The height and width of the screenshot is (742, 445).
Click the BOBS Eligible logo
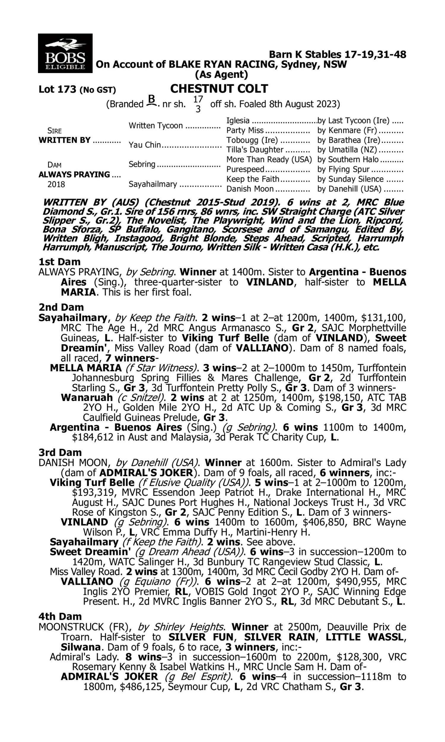(x=65, y=53)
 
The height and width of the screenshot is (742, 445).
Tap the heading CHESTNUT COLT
(x=219, y=89)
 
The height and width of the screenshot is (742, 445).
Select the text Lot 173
(x=58, y=89)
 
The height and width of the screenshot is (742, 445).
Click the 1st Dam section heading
(x=59, y=262)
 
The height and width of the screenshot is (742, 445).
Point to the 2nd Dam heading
(x=61, y=307)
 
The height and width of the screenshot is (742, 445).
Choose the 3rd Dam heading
(x=60, y=452)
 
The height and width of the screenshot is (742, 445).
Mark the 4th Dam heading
(x=60, y=616)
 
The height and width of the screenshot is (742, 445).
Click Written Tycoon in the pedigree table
(x=156, y=126)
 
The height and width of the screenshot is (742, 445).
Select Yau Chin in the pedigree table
(x=144, y=145)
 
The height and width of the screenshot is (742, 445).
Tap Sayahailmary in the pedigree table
(x=152, y=184)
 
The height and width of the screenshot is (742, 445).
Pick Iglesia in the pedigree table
(x=238, y=121)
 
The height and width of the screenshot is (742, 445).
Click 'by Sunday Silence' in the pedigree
(x=350, y=179)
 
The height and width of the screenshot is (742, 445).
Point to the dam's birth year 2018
(x=56, y=184)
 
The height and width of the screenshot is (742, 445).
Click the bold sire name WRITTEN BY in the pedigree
(x=64, y=140)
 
